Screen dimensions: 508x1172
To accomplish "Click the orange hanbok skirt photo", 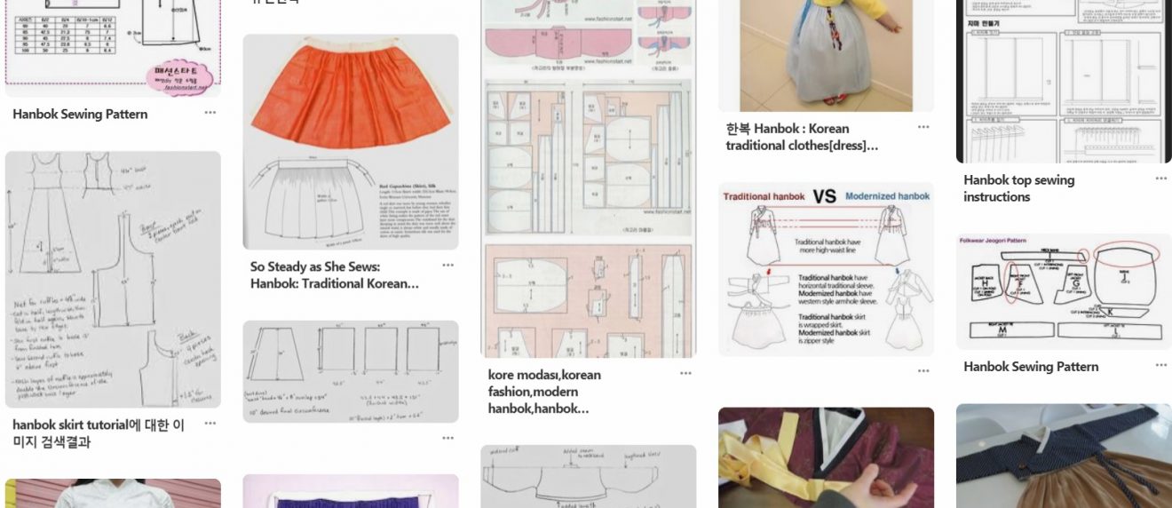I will [350, 98].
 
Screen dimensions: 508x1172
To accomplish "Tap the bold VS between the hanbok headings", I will [825, 196].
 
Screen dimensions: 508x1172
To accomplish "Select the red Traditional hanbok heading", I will [764, 196].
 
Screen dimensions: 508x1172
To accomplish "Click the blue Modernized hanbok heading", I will [887, 196].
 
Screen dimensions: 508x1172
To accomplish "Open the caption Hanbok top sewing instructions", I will [1018, 188].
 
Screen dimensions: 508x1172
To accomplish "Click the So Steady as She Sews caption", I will [334, 275].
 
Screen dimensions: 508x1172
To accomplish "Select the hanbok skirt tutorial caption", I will [99, 433].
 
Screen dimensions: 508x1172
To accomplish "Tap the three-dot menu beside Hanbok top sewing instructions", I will [1160, 179].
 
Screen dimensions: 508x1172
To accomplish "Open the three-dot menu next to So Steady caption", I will [447, 266].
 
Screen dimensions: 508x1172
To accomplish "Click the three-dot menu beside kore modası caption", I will [685, 374].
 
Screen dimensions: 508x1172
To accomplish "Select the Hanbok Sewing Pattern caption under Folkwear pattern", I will [1030, 367].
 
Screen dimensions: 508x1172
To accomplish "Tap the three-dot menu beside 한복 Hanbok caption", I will [923, 128].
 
